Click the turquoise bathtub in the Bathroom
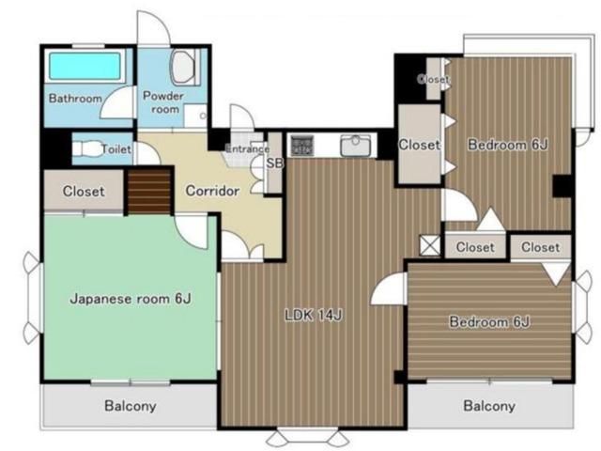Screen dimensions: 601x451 (x=85, y=66)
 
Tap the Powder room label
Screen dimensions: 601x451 (x=163, y=102)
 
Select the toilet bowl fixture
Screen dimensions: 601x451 (x=86, y=148)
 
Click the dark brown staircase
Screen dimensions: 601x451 (x=149, y=191)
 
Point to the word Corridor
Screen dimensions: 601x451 (x=212, y=191)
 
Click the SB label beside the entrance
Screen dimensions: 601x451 (x=275, y=163)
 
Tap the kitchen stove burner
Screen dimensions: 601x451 (x=302, y=146)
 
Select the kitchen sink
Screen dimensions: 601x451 (x=355, y=146)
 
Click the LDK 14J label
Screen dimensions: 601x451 (x=313, y=316)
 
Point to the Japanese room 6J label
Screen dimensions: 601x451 (x=131, y=299)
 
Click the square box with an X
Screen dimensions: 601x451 (x=430, y=245)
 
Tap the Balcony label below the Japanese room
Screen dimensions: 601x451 (x=131, y=406)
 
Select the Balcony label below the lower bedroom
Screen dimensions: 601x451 (x=489, y=406)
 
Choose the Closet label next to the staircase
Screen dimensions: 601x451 (x=84, y=191)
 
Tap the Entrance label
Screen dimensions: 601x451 (x=247, y=148)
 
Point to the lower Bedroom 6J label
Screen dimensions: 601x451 (x=489, y=321)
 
